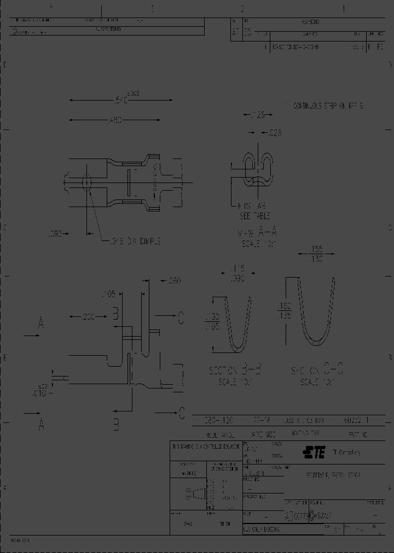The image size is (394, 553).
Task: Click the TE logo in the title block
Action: click(x=314, y=452)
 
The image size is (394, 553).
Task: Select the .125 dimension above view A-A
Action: click(x=257, y=115)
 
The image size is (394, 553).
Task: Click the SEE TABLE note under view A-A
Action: click(x=255, y=216)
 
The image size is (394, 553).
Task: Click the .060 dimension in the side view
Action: click(x=172, y=281)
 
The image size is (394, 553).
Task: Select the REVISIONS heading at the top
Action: click(x=310, y=22)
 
